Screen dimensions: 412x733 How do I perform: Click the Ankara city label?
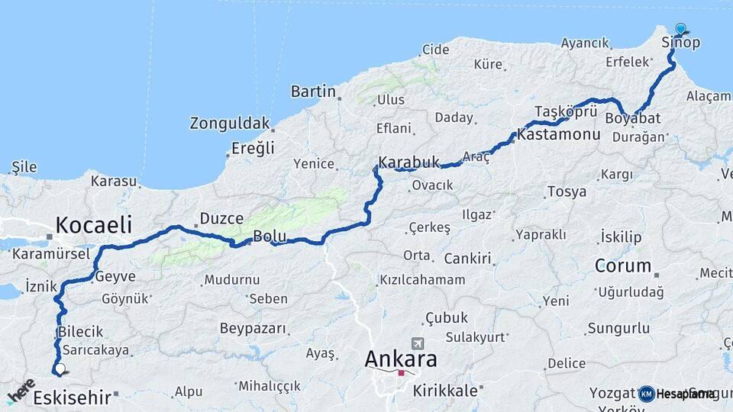click(401, 358)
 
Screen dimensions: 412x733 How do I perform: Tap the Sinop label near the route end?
click(680, 42)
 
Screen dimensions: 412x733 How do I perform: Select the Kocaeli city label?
click(93, 225)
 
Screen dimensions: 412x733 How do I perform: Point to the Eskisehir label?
click(72, 397)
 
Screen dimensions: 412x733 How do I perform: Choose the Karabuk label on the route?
click(410, 162)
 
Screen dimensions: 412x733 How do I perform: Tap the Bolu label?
click(270, 237)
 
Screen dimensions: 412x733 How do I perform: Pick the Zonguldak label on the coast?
click(230, 123)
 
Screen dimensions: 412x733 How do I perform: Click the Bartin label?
click(313, 92)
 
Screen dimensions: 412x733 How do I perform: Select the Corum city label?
click(623, 266)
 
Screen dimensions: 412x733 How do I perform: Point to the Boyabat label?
click(633, 118)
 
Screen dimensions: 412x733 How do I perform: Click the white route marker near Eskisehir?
click(60, 369)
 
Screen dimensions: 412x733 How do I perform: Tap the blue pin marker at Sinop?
click(680, 29)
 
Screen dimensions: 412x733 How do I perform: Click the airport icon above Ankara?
click(416, 343)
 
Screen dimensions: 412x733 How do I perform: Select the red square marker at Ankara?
click(401, 373)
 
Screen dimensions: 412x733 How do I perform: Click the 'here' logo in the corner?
click(21, 389)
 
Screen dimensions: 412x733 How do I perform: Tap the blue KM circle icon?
click(646, 394)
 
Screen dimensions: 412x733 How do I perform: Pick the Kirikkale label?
click(446, 391)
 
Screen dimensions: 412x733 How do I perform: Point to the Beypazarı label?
click(253, 329)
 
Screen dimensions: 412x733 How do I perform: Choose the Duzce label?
click(221, 219)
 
